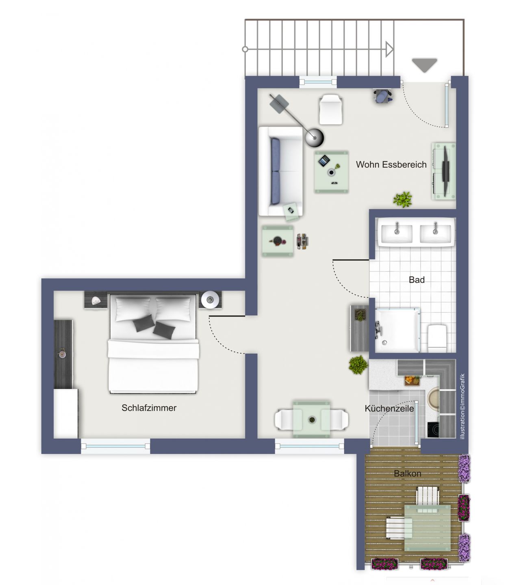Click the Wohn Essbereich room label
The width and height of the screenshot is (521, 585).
[391, 165]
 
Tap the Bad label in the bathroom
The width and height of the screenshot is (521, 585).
[417, 279]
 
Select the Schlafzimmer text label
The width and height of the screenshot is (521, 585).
[149, 408]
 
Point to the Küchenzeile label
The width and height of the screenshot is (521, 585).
[389, 408]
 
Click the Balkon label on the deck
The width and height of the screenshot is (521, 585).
[407, 473]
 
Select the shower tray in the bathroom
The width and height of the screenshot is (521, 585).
[397, 330]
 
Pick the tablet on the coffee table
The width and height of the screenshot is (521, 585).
[324, 160]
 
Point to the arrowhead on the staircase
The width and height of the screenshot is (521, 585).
[389, 49]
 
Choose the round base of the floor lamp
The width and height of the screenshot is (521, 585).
[315, 137]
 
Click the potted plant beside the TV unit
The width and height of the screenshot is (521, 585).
[402, 199]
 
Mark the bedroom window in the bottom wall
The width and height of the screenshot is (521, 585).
[115, 446]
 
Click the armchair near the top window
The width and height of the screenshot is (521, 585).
[330, 109]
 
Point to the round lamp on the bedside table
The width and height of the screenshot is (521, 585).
[210, 300]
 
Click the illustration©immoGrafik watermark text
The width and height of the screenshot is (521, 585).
[462, 406]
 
